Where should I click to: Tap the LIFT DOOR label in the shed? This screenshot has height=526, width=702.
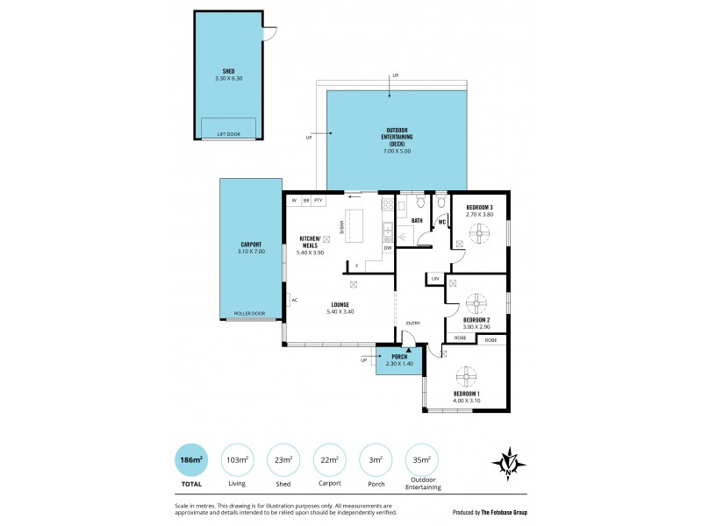(228, 134)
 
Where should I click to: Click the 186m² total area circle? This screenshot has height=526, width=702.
(191, 458)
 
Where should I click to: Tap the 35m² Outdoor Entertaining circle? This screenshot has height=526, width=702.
(423, 458)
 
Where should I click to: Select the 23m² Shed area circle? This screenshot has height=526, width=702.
(283, 458)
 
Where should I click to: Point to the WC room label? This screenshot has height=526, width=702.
(442, 222)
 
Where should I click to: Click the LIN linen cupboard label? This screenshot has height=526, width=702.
(434, 279)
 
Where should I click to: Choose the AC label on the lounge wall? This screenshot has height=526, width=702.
(295, 300)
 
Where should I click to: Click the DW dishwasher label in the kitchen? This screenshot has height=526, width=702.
(387, 248)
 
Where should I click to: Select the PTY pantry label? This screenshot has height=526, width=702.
(318, 201)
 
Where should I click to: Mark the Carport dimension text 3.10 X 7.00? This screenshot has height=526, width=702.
(250, 252)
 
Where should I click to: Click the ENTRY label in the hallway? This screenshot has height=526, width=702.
(413, 323)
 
